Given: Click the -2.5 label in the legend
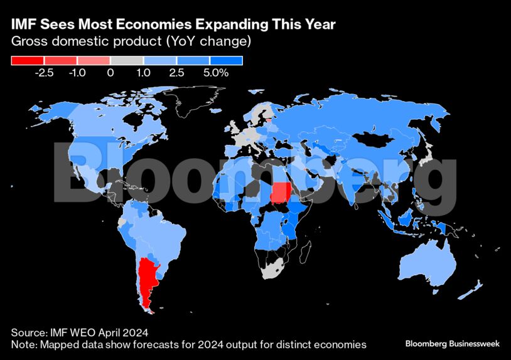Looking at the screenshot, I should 45,73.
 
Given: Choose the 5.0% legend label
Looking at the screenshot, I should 215,73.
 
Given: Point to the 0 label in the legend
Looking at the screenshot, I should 110,73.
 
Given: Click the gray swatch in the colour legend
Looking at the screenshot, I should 127,61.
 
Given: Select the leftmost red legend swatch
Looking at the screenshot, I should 28,61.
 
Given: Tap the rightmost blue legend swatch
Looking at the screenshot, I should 226,61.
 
